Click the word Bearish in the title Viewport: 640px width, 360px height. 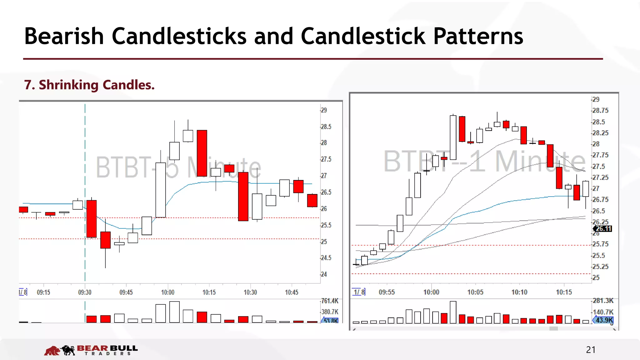pyautogui.click(x=64, y=36)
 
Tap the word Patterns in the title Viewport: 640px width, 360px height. pyautogui.click(x=478, y=36)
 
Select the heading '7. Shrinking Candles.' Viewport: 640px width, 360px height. pyautogui.click(x=89, y=85)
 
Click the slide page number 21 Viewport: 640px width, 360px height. pyautogui.click(x=591, y=350)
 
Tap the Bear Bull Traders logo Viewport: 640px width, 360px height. pyautogui.click(x=91, y=350)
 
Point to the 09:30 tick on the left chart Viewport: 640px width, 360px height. pyautogui.click(x=85, y=292)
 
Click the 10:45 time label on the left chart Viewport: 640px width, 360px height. pyautogui.click(x=291, y=292)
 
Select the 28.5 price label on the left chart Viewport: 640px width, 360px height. pyautogui.click(x=326, y=127)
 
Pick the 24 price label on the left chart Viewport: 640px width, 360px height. pyautogui.click(x=324, y=274)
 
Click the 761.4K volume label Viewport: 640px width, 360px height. pyautogui.click(x=330, y=301)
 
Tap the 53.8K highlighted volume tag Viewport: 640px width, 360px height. pyautogui.click(x=330, y=321)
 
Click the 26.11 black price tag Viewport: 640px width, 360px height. pyautogui.click(x=603, y=229)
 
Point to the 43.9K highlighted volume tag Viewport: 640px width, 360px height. pyautogui.click(x=604, y=320)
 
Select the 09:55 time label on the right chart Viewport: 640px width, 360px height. pyautogui.click(x=387, y=292)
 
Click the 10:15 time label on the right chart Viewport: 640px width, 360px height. pyautogui.click(x=564, y=292)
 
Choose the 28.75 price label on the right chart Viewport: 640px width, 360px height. pyautogui.click(x=600, y=111)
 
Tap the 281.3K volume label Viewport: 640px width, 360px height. pyautogui.click(x=603, y=301)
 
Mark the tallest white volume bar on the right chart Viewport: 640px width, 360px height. pyautogui.click(x=453, y=312)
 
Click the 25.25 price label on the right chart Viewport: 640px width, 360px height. pyautogui.click(x=600, y=267)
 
